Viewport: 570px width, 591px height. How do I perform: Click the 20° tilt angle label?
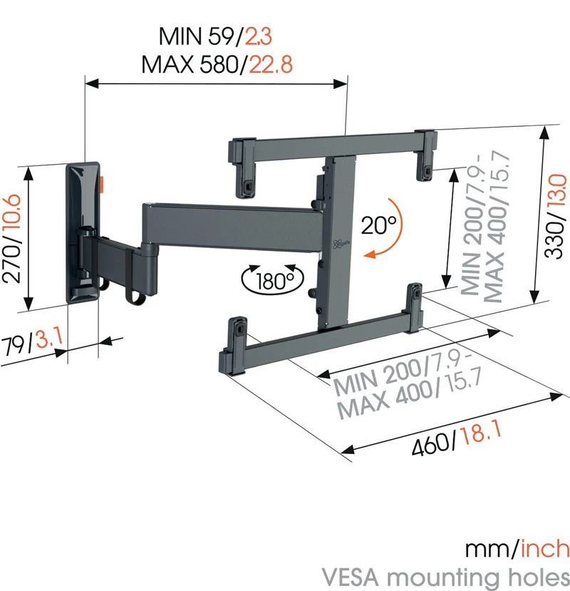[378, 225]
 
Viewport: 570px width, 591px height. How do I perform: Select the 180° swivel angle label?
[271, 279]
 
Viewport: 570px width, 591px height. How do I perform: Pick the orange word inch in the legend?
[545, 549]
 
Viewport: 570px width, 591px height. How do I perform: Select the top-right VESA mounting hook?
[427, 151]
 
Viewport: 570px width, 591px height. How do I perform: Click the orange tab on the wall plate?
[103, 183]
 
